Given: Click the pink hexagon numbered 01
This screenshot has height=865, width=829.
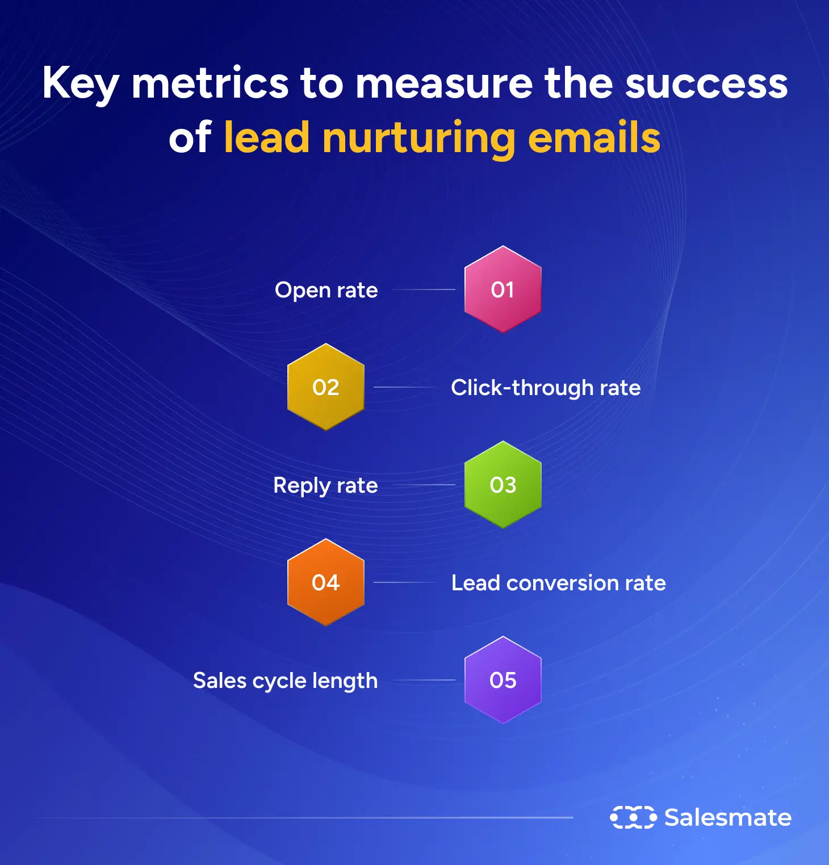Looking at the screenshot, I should coord(503,289).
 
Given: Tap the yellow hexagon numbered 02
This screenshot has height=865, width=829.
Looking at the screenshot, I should coord(325,387).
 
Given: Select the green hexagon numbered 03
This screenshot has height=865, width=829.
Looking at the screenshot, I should coord(503,485).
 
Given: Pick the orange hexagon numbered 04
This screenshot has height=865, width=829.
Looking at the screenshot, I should coord(325,582).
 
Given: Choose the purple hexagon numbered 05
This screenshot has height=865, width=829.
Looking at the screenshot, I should coord(503,680).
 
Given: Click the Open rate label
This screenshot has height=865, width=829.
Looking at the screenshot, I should coord(326,290).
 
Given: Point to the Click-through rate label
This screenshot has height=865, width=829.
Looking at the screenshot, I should coord(546,388).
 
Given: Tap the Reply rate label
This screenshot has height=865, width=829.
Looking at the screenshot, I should coord(325,486).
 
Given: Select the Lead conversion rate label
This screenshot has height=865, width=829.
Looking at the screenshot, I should coord(558,583).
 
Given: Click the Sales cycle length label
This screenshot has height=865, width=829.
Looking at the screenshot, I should coord(285,681).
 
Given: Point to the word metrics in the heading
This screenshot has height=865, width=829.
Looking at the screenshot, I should coord(210,83).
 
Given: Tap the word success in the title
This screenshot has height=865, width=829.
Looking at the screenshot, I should coord(706,83).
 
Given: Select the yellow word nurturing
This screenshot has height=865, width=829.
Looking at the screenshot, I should coord(419,138).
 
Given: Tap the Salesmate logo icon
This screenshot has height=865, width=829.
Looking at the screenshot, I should coord(633,817).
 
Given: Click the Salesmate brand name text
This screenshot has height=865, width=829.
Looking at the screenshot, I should coord(728,817).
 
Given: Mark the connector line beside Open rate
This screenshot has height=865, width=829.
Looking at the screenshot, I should coord(424,289).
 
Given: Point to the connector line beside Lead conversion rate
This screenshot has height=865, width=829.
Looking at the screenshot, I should coord(404,582).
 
